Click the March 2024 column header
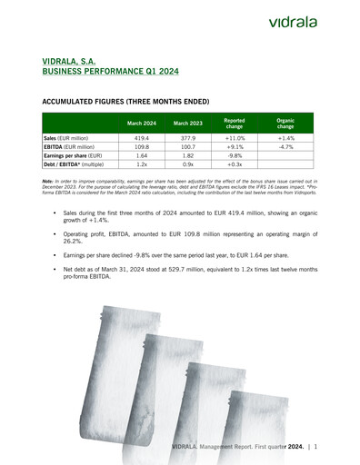click(x=141, y=123)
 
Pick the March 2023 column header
click(x=187, y=123)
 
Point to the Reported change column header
click(x=234, y=123)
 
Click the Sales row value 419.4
click(x=141, y=137)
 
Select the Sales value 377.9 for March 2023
click(x=187, y=137)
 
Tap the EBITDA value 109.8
click(x=141, y=146)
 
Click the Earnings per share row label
click(x=72, y=155)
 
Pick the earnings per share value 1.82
click(x=187, y=155)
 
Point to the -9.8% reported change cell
click(x=234, y=155)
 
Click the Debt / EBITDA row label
click(x=74, y=164)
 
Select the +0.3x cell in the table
click(x=234, y=164)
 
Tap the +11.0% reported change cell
click(x=234, y=137)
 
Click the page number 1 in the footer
click(x=315, y=449)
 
